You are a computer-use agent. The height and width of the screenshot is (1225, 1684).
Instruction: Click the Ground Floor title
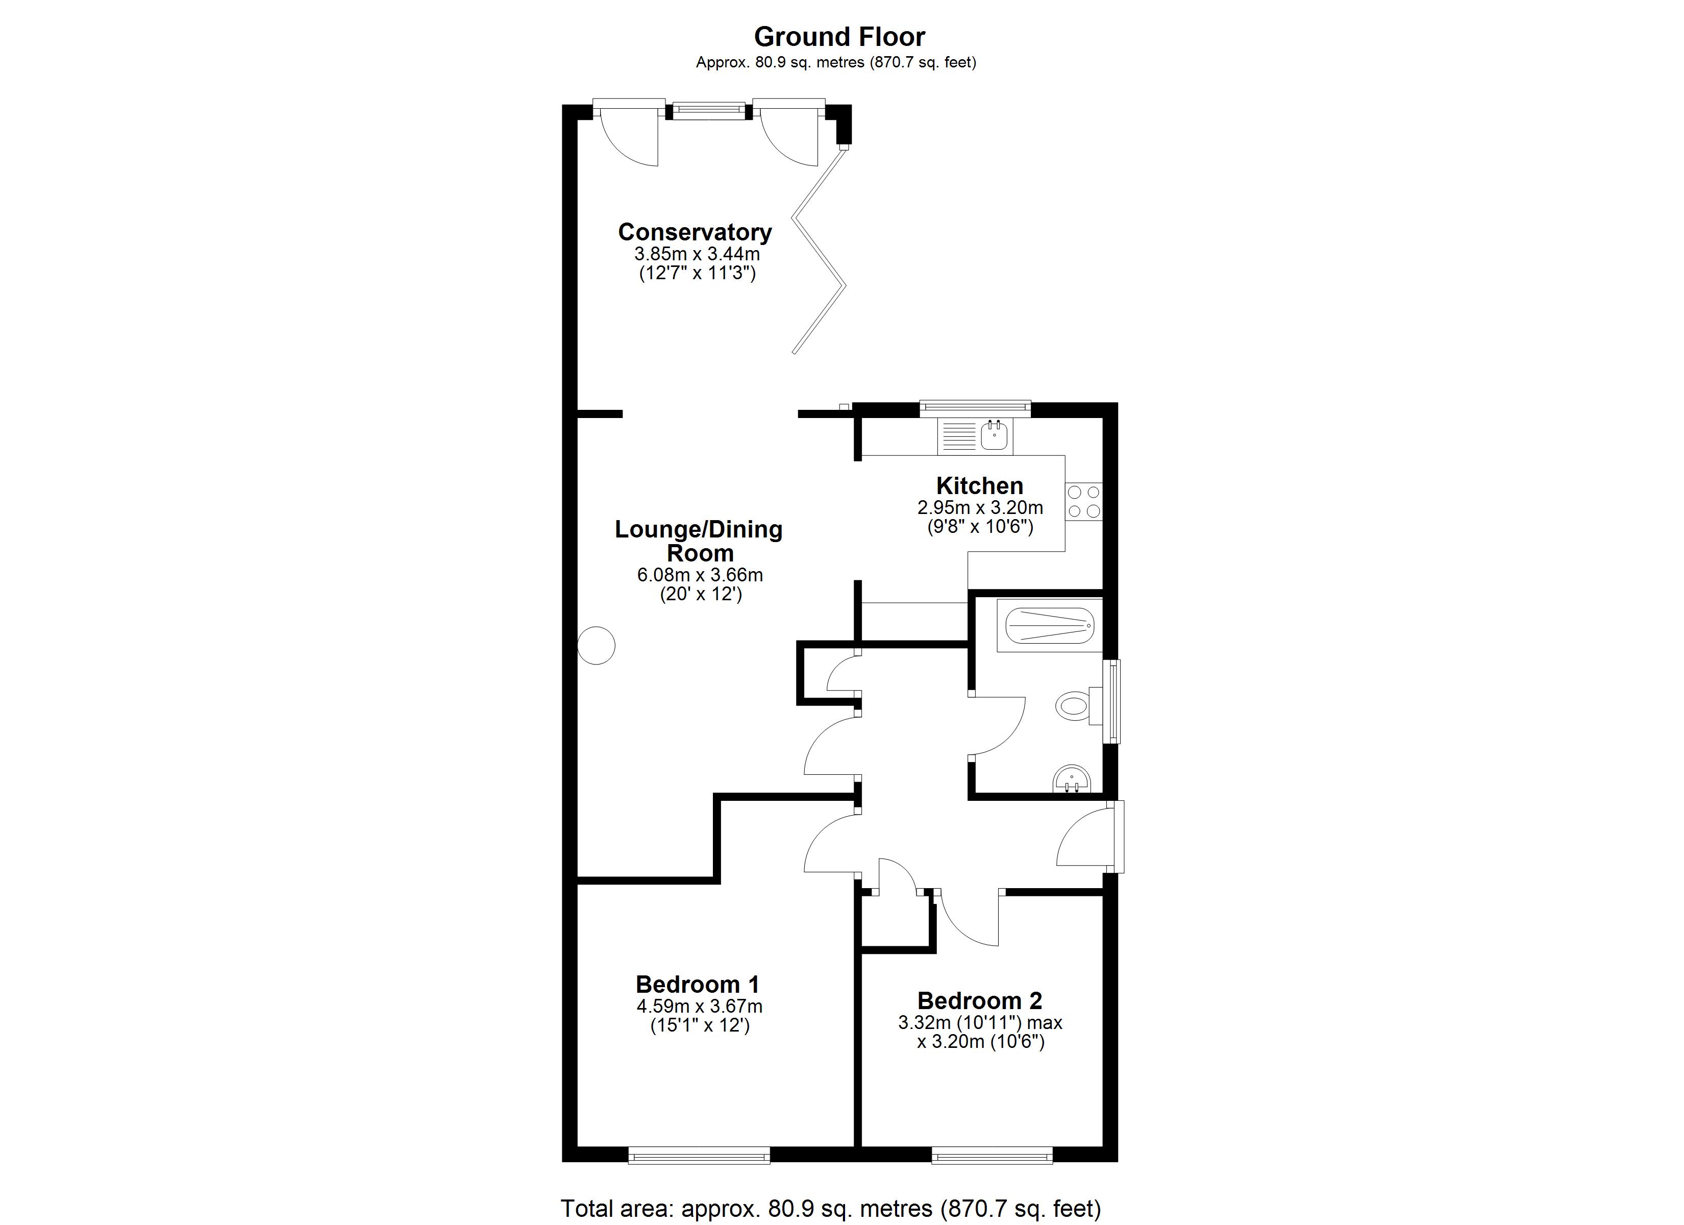pos(840,36)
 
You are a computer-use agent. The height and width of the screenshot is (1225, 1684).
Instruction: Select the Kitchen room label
pos(979,486)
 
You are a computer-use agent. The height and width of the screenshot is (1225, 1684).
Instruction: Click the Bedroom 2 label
pos(979,1000)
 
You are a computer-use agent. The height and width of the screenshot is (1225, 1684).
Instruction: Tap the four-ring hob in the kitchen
pos(1084,501)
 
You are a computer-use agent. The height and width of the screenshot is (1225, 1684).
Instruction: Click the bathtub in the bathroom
pos(1050,625)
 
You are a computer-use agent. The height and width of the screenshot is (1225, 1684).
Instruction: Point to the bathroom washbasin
pos(1072,780)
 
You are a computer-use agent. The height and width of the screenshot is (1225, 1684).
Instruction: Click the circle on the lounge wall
pos(596,645)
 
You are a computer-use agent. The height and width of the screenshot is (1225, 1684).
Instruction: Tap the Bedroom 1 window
pos(699,1155)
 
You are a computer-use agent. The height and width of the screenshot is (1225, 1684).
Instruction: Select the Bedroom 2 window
pos(992,1155)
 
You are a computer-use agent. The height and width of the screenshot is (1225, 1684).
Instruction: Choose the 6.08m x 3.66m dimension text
pos(700,575)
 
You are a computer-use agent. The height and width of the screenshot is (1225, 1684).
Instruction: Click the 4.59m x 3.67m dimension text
pos(700,1007)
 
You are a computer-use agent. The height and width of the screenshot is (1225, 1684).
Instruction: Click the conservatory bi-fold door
pos(819,250)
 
